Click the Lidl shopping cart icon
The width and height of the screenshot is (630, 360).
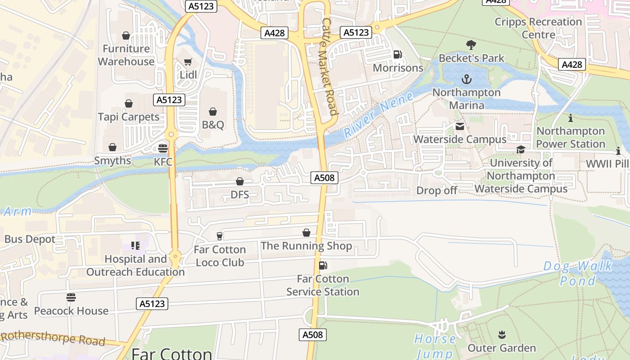tap(188, 62)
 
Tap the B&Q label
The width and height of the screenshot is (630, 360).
tap(213, 125)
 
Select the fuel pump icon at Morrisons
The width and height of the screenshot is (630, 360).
tap(398, 55)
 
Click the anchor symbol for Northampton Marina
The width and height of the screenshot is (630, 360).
tap(467, 80)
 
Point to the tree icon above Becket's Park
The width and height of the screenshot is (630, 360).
tap(471, 45)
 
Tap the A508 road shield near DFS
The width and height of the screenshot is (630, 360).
tap(324, 178)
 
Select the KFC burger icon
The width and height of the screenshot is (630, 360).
tap(163, 148)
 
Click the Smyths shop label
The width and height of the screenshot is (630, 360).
tap(112, 161)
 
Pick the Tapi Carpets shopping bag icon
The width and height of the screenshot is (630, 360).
tap(129, 104)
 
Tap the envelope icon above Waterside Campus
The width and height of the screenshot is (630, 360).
tap(459, 126)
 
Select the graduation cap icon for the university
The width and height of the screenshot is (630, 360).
tap(521, 150)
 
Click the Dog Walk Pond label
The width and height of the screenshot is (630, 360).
tap(578, 273)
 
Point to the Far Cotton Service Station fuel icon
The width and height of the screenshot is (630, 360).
tap(323, 265)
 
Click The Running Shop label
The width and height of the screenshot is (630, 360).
tap(306, 246)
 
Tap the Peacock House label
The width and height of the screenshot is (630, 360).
tap(71, 310)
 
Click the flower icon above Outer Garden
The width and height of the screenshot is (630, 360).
tap(502, 335)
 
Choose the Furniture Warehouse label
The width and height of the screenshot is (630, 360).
tap(126, 55)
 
